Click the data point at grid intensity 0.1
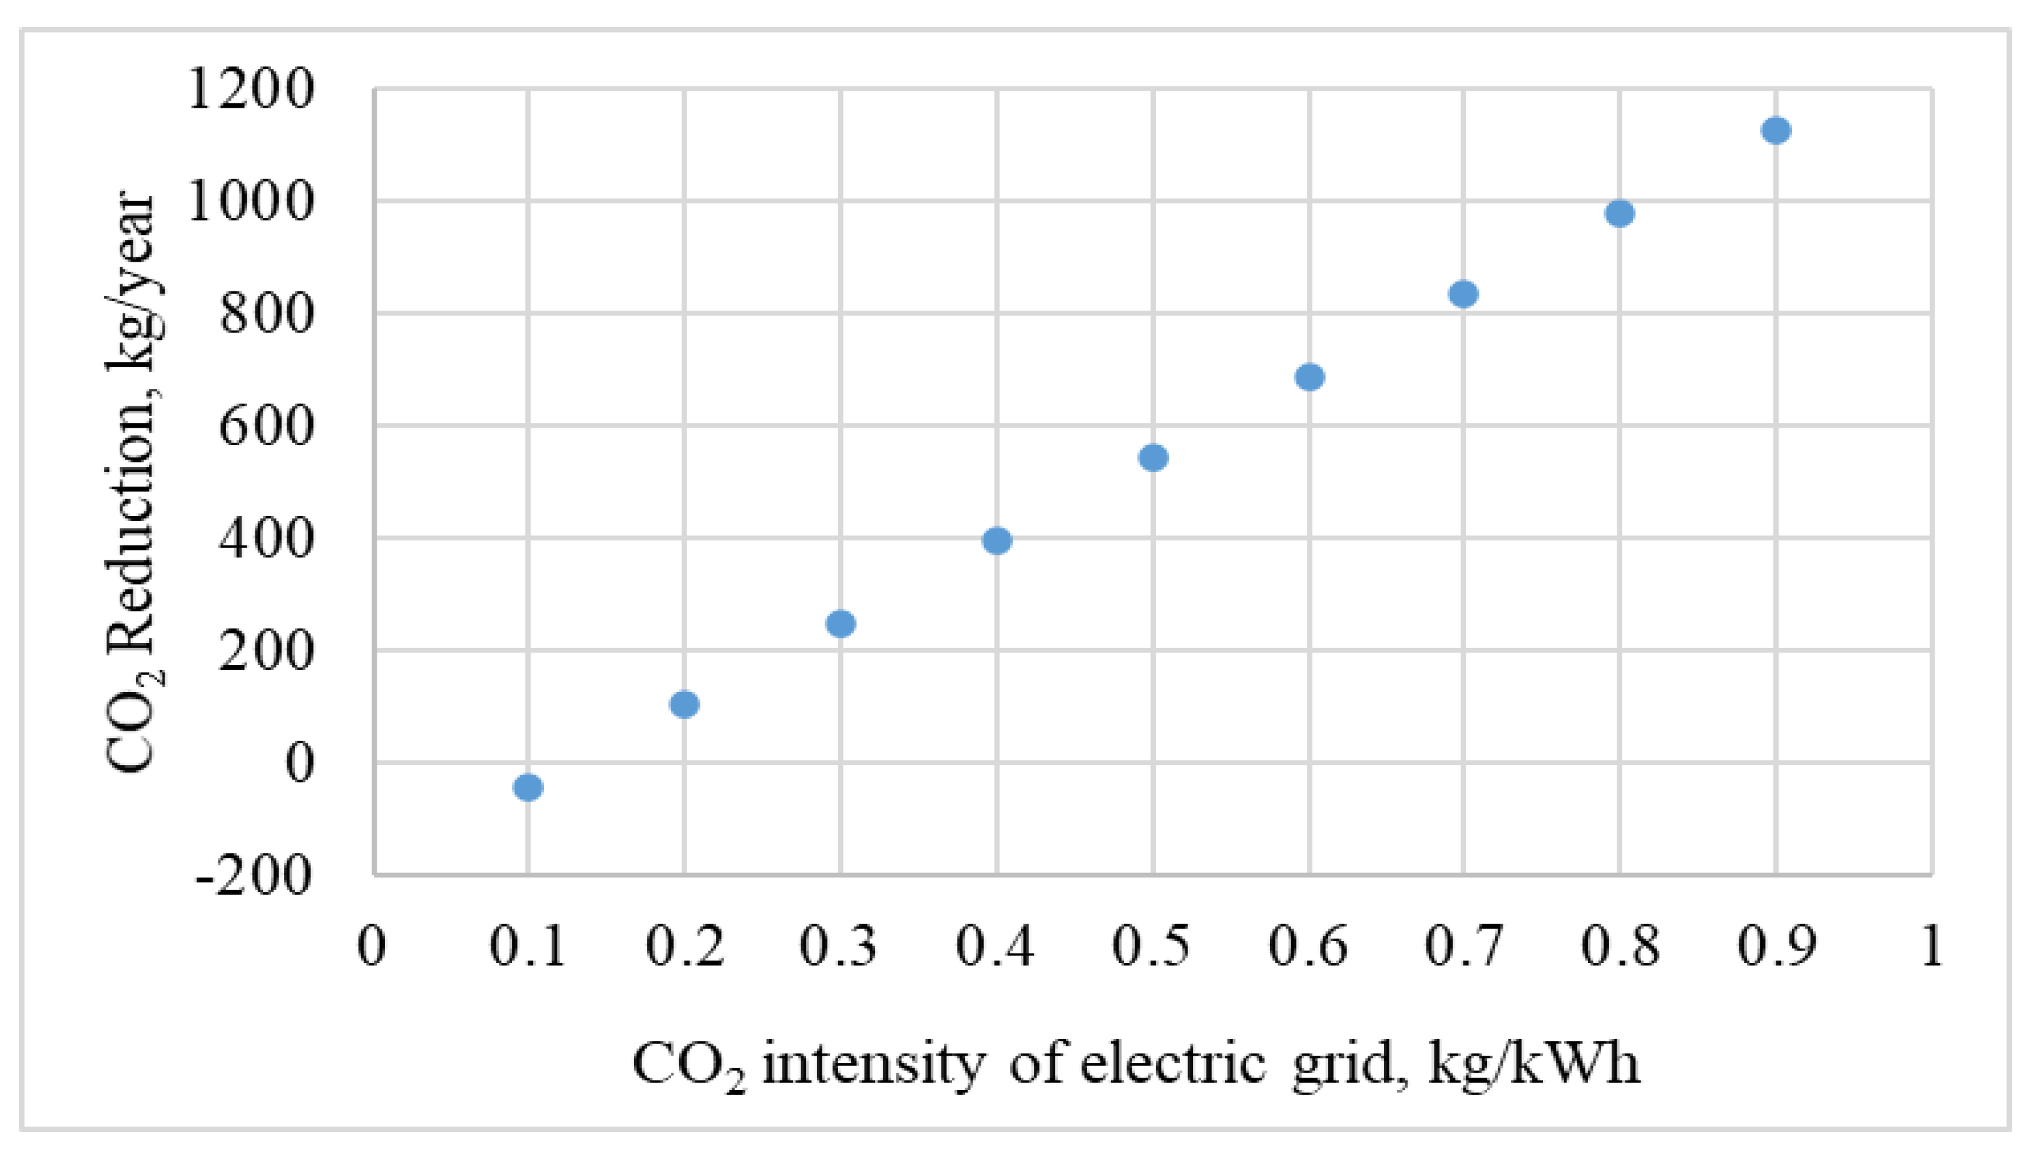tap(528, 787)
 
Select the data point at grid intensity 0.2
tap(684, 704)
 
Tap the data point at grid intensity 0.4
tap(996, 540)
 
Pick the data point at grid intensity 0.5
tap(1154, 457)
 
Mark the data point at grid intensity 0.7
tap(1463, 294)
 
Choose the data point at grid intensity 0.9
tap(1776, 130)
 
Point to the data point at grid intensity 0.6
tap(1309, 376)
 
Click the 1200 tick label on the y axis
tap(250, 90)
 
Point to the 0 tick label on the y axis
tap(299, 763)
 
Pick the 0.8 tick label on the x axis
tap(1620, 945)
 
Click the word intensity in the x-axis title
tap(874, 1064)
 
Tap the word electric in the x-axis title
tap(1173, 1064)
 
